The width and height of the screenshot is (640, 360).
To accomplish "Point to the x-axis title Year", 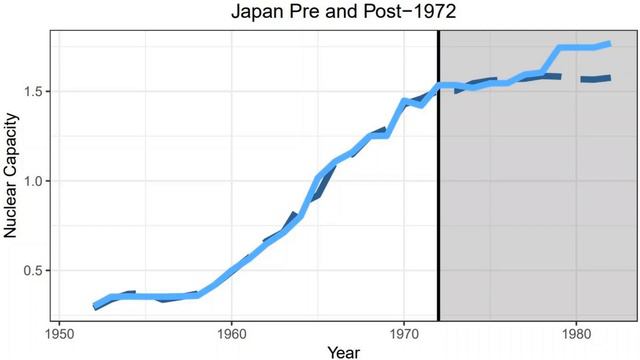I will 343,350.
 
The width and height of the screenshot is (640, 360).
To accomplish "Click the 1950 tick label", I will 59,331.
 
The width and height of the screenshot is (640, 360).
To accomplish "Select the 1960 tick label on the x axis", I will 231,331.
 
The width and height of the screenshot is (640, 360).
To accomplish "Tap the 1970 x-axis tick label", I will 404,331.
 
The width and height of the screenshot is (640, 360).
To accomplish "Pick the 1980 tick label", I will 577,331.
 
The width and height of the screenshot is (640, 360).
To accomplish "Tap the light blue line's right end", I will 610,43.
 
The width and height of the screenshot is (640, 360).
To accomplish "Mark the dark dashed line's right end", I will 610,77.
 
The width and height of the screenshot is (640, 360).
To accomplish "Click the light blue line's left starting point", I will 95,305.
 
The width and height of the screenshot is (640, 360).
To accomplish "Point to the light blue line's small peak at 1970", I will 404,100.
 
